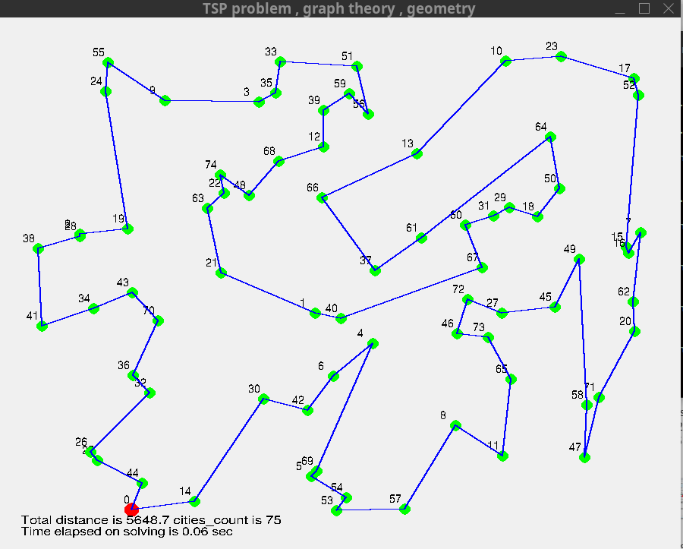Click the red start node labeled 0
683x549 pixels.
[131, 508]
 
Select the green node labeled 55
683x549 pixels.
[109, 62]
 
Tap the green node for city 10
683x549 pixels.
[506, 62]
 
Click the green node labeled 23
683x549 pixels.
[562, 56]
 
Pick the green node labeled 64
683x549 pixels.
[552, 137]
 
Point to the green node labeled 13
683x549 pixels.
[417, 153]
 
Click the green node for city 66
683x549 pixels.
[322, 197]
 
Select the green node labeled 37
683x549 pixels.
[375, 270]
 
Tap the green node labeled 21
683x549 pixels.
[221, 272]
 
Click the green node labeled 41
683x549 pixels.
[42, 326]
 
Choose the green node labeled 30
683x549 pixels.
[264, 399]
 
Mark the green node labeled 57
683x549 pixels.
[405, 509]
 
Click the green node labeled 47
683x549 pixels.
[584, 457]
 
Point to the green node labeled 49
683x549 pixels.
[580, 259]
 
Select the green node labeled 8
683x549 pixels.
[455, 426]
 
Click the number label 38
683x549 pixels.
[29, 238]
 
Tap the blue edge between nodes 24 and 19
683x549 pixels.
[117, 159]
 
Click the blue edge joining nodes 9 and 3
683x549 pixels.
[212, 101]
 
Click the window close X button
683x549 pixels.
[667, 8]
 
